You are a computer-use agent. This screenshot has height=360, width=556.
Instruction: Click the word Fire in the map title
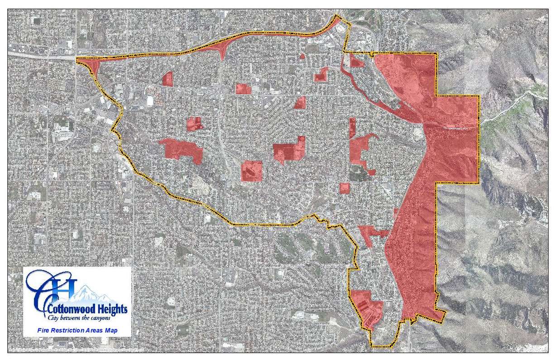click(x=43, y=331)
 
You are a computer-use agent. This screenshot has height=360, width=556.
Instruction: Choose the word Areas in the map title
click(x=93, y=331)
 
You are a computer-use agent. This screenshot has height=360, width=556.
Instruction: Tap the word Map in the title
click(x=111, y=331)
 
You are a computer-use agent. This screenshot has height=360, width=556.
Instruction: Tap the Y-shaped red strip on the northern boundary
click(x=222, y=48)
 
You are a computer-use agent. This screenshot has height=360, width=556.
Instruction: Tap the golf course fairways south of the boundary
click(x=312, y=249)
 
